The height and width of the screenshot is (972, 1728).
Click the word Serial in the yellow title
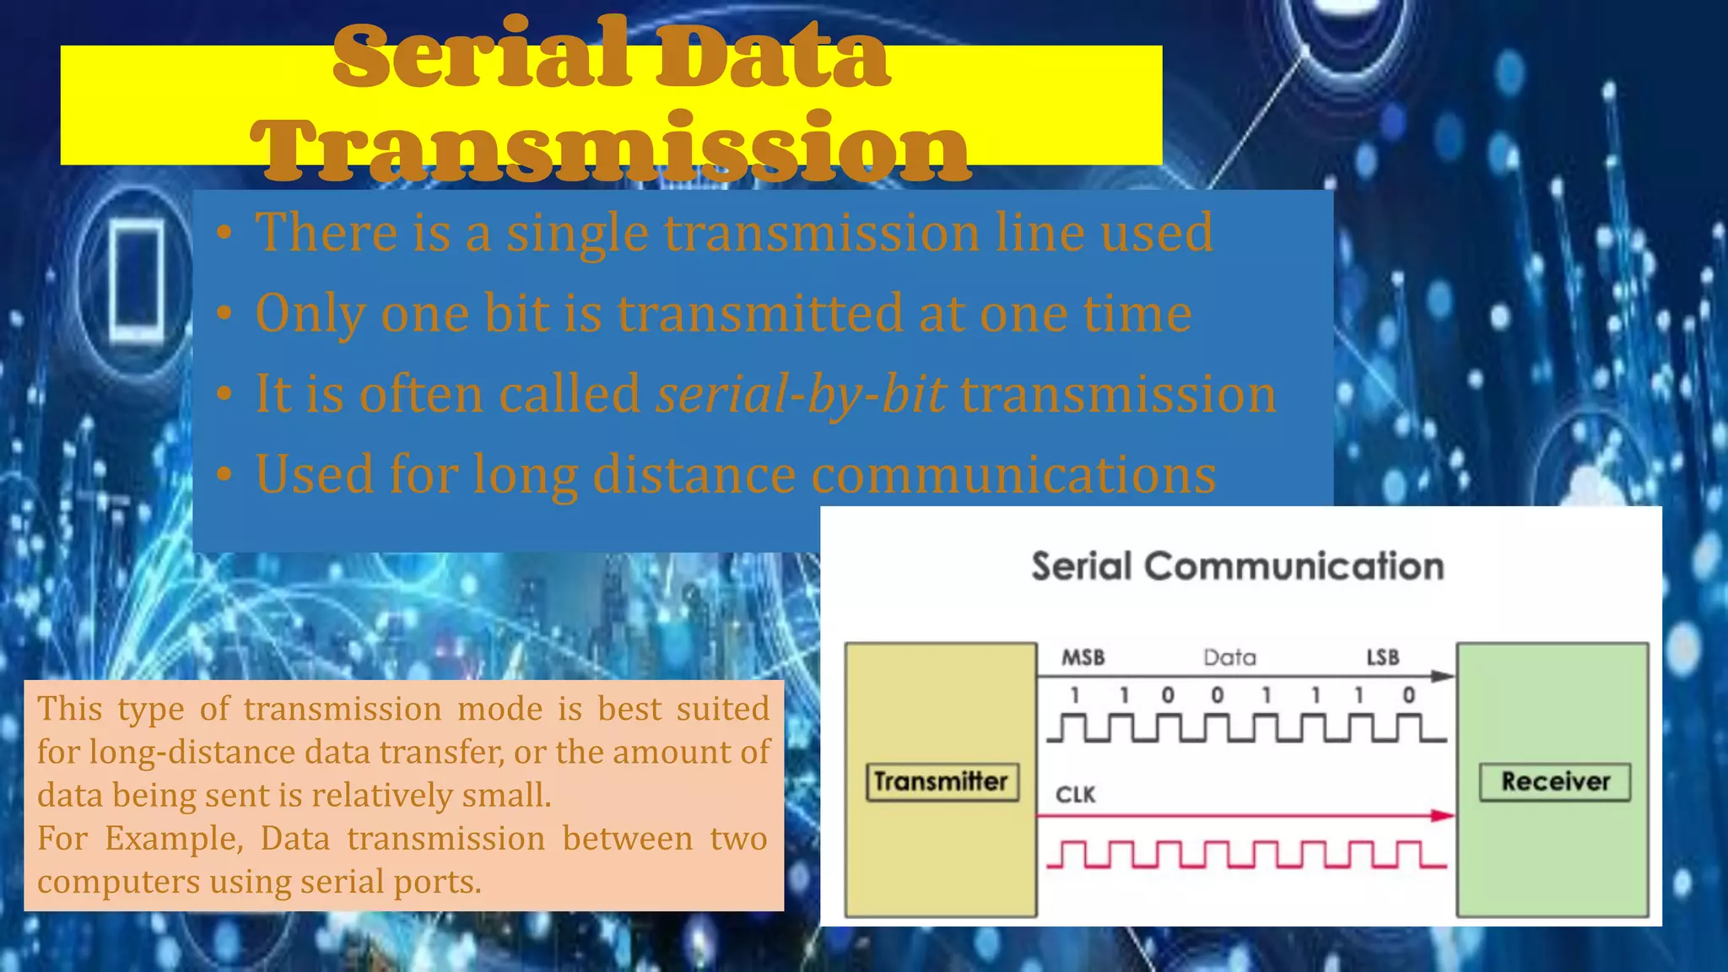[481, 56]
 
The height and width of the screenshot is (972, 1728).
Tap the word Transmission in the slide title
[611, 148]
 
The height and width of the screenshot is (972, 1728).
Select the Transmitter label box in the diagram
[942, 781]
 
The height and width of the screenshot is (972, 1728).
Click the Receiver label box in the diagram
[1554, 781]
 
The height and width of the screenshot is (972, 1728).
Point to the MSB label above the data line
[1083, 657]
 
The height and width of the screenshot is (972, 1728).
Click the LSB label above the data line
[1383, 657]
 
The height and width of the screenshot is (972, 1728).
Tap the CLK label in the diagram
[1075, 795]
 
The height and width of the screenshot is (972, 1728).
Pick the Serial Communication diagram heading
[1237, 566]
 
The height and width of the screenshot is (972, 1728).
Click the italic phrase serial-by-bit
[801, 394]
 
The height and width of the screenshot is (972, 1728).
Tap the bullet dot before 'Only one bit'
[224, 314]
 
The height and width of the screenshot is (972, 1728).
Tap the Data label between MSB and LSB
[1229, 657]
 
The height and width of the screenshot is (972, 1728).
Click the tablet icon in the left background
[138, 280]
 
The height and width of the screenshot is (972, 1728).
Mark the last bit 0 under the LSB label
[1408, 695]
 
